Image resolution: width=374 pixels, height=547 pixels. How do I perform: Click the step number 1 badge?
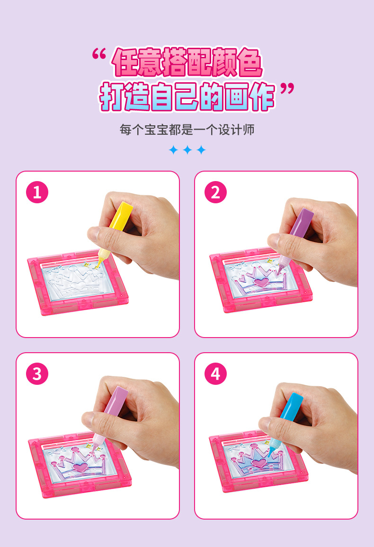point(37,192)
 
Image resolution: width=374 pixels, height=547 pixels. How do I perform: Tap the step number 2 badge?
point(215,192)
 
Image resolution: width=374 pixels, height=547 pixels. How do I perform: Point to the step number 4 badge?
point(215,373)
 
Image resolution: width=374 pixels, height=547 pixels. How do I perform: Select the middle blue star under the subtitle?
point(187,150)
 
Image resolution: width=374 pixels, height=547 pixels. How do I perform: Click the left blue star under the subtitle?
point(174,150)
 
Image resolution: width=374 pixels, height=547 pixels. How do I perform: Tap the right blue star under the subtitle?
point(201,150)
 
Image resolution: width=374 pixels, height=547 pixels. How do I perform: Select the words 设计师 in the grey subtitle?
point(236,130)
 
